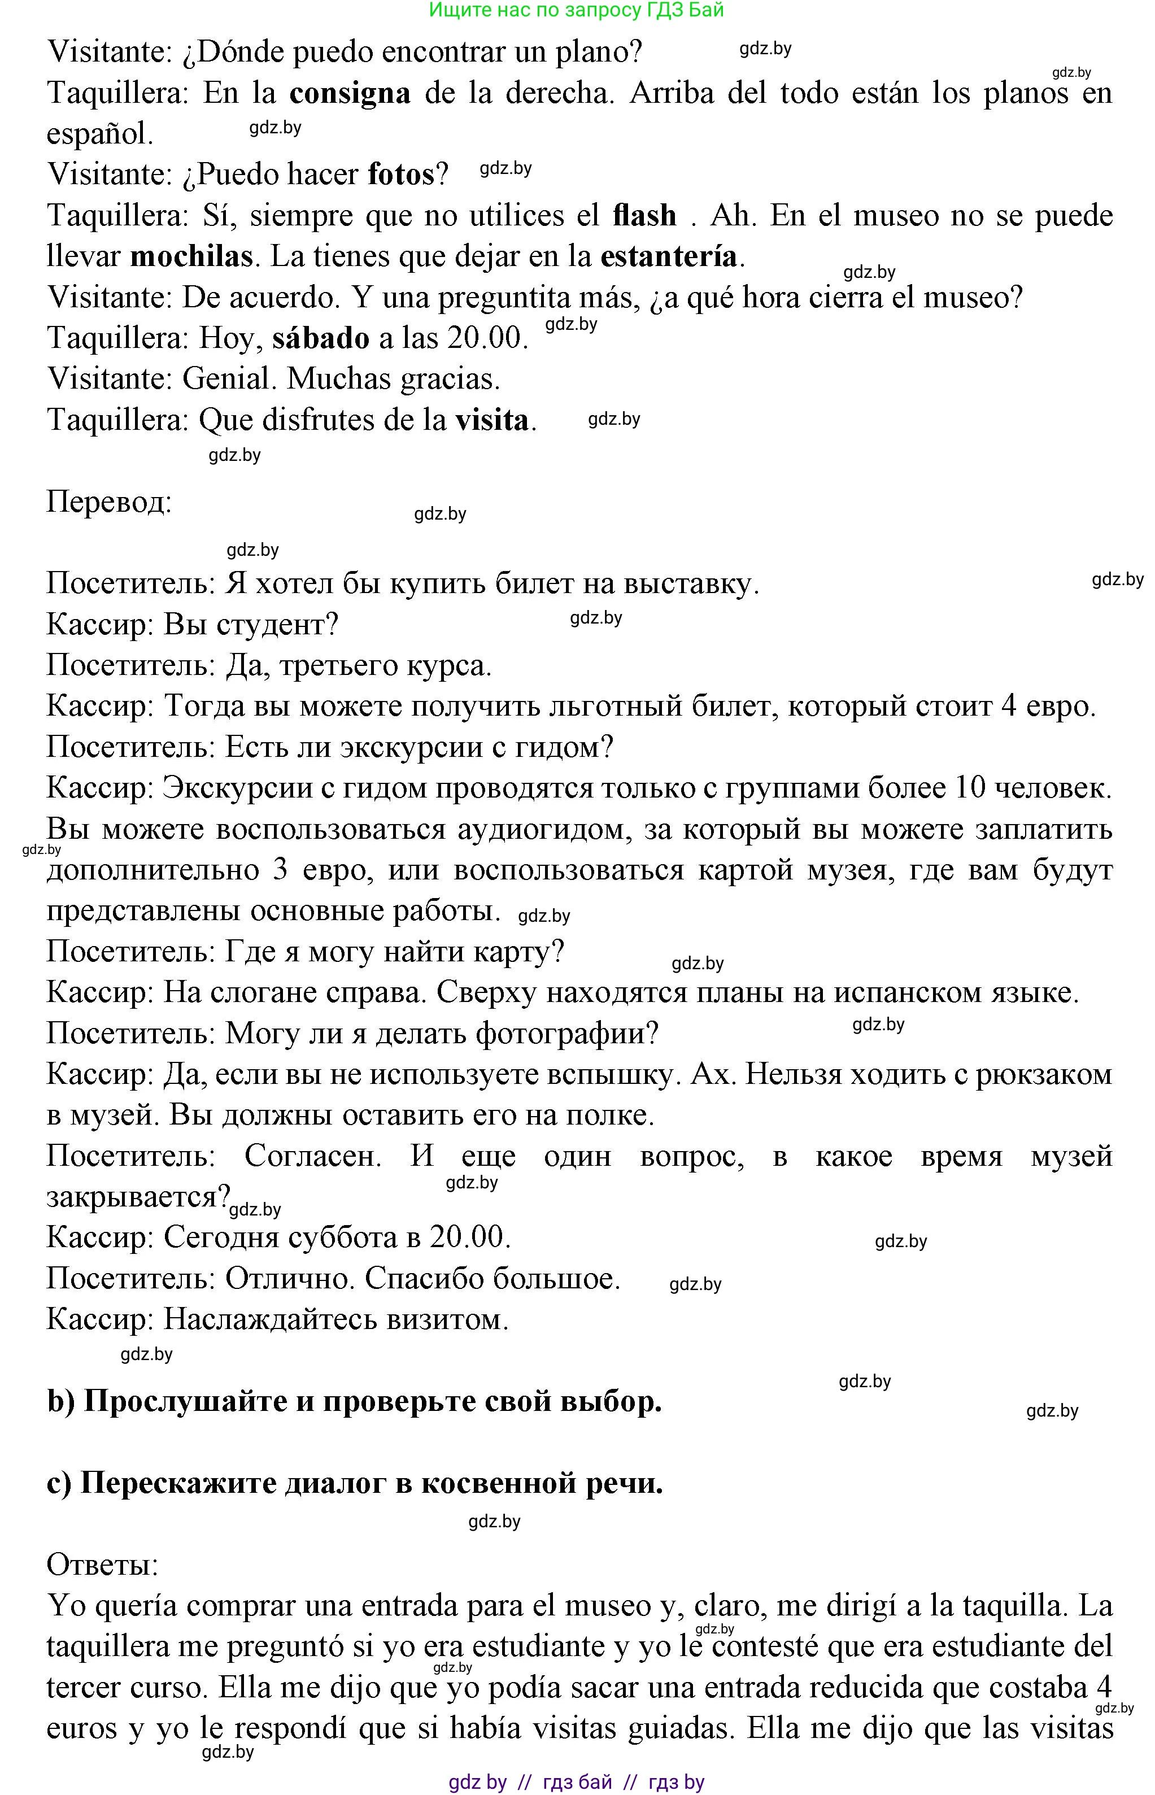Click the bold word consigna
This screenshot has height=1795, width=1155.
pos(350,93)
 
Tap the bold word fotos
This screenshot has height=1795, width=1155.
pos(400,175)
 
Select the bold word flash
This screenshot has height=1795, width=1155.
pos(644,216)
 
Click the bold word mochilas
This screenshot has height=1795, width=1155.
pos(191,258)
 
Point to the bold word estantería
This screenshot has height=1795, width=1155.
pos(668,258)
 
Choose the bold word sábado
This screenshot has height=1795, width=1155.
pos(320,338)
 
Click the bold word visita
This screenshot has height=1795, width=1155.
pos(492,420)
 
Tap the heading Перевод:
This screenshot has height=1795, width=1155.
pos(110,501)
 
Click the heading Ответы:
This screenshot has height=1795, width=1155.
pos(103,1565)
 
